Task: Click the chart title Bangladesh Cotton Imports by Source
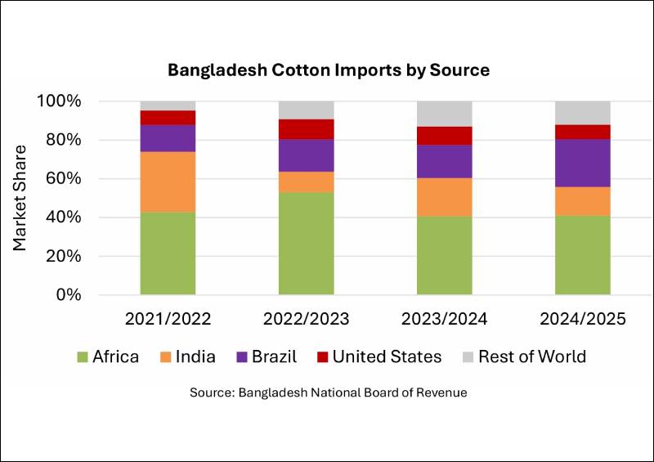(329, 70)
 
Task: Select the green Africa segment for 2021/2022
(168, 253)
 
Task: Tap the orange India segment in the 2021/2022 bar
(168, 182)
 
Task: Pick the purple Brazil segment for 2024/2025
(582, 163)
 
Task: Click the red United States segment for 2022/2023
(306, 129)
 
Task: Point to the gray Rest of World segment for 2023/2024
(444, 114)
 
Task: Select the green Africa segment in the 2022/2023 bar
(306, 243)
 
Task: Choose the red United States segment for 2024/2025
(582, 132)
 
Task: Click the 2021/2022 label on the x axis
(168, 319)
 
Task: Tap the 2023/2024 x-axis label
(444, 319)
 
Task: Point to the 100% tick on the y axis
(58, 101)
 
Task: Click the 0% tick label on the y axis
(66, 294)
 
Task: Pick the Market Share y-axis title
(20, 197)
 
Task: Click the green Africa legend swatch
(82, 357)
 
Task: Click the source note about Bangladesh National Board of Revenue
(329, 392)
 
